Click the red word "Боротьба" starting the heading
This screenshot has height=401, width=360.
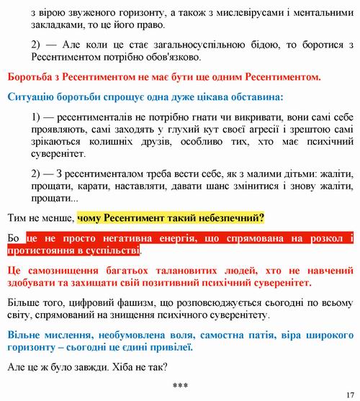click(x=31, y=76)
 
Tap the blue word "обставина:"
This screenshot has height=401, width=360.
click(x=256, y=96)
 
